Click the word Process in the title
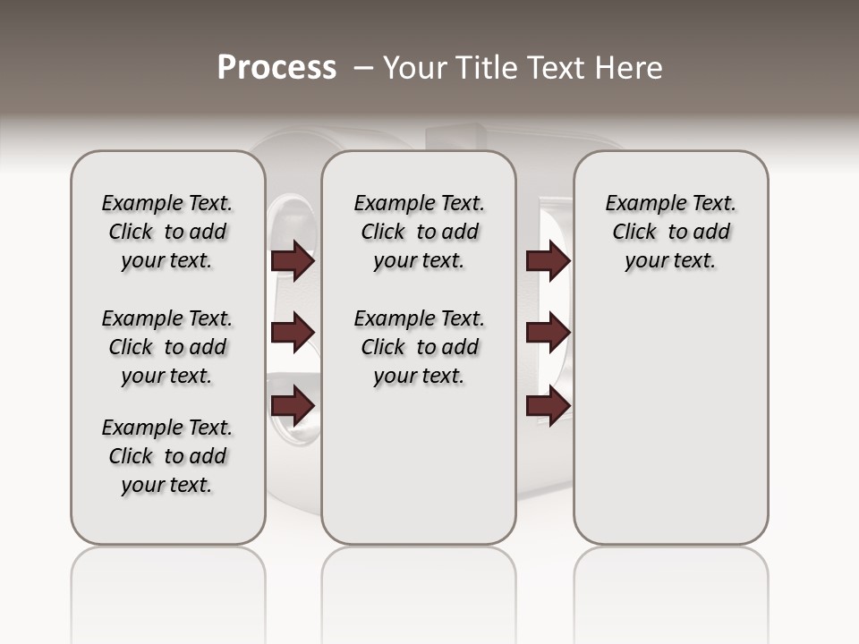[276, 68]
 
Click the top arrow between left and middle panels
[293, 260]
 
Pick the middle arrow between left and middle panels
[293, 333]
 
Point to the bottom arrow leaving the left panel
[293, 406]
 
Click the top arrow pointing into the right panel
[548, 260]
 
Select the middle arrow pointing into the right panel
[548, 333]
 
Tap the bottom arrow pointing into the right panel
[548, 406]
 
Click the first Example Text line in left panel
[167, 203]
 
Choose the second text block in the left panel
[167, 347]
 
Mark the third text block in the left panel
[167, 456]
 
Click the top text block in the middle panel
[419, 232]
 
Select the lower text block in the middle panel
[419, 347]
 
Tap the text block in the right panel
[671, 232]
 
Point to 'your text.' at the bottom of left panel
[167, 485]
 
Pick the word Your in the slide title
[412, 68]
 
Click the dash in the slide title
[363, 68]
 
